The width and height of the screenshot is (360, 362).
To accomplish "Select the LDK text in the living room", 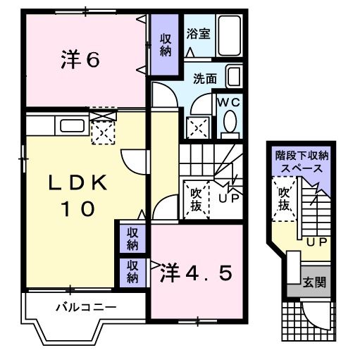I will (77, 183).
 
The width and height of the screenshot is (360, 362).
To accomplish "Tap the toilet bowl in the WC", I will (229, 124).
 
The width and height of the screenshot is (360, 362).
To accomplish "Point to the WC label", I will (229, 102).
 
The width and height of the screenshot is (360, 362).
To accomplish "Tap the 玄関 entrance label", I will (314, 282).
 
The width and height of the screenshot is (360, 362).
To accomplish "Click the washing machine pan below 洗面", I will (197, 127).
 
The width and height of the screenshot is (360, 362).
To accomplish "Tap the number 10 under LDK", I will (77, 209).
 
